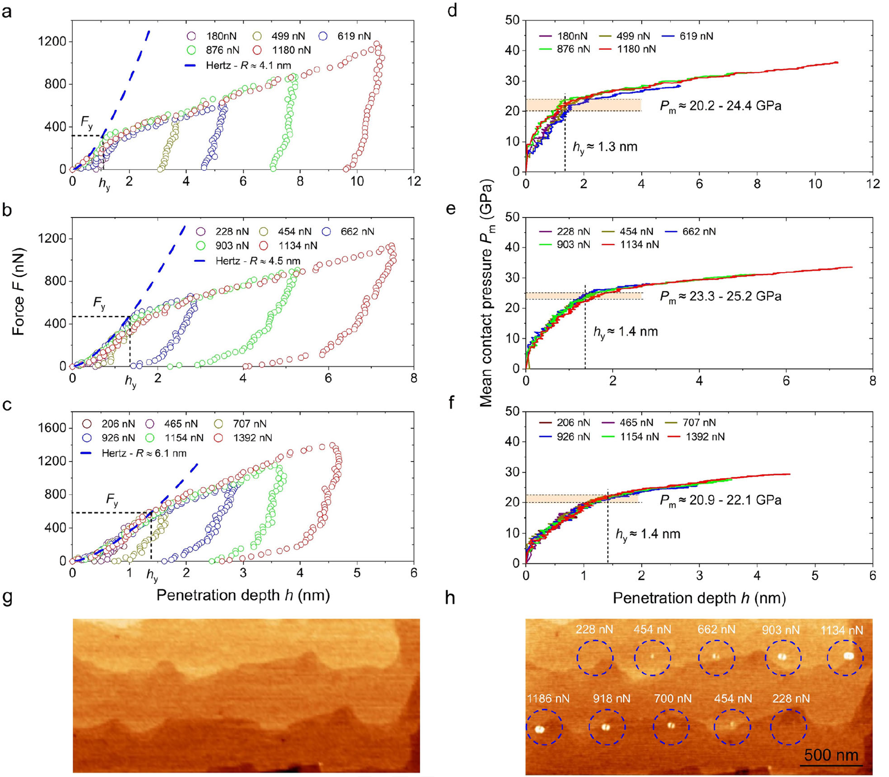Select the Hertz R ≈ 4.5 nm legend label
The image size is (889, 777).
click(257, 261)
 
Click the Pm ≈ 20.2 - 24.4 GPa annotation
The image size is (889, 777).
click(720, 106)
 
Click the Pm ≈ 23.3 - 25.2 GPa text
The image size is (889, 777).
click(720, 296)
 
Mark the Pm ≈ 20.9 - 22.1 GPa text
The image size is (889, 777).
click(720, 500)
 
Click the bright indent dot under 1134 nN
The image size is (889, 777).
click(848, 656)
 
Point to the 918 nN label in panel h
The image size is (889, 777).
click(611, 699)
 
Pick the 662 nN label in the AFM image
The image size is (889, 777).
click(716, 629)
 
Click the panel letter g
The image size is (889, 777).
click(8, 599)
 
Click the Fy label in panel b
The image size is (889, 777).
click(99, 303)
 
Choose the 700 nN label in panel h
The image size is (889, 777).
click(672, 699)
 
